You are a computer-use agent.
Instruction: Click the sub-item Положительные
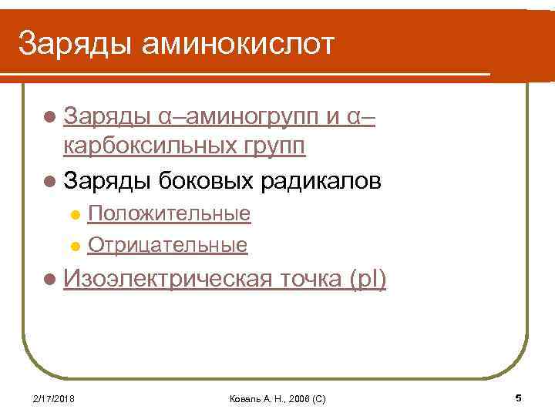pyautogui.click(x=169, y=213)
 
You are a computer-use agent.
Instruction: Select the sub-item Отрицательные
pyautogui.click(x=167, y=245)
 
